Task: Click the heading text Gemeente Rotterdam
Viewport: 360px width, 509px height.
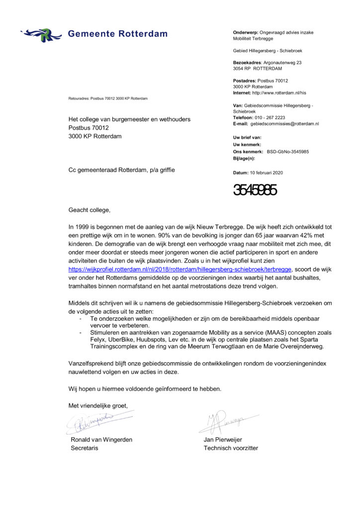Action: [117, 34]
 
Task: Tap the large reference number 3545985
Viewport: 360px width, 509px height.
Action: [255, 190]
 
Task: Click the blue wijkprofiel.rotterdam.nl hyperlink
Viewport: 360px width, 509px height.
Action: [179, 269]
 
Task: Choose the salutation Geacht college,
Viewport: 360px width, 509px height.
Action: [90, 210]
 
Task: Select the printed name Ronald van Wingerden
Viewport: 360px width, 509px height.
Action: [101, 439]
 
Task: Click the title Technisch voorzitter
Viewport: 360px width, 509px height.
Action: [231, 448]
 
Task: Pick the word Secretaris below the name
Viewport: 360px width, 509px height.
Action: [85, 448]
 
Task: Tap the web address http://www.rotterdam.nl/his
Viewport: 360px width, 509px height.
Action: [279, 92]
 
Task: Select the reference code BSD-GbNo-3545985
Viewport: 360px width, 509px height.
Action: [287, 151]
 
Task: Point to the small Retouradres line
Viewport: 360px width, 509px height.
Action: [108, 98]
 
